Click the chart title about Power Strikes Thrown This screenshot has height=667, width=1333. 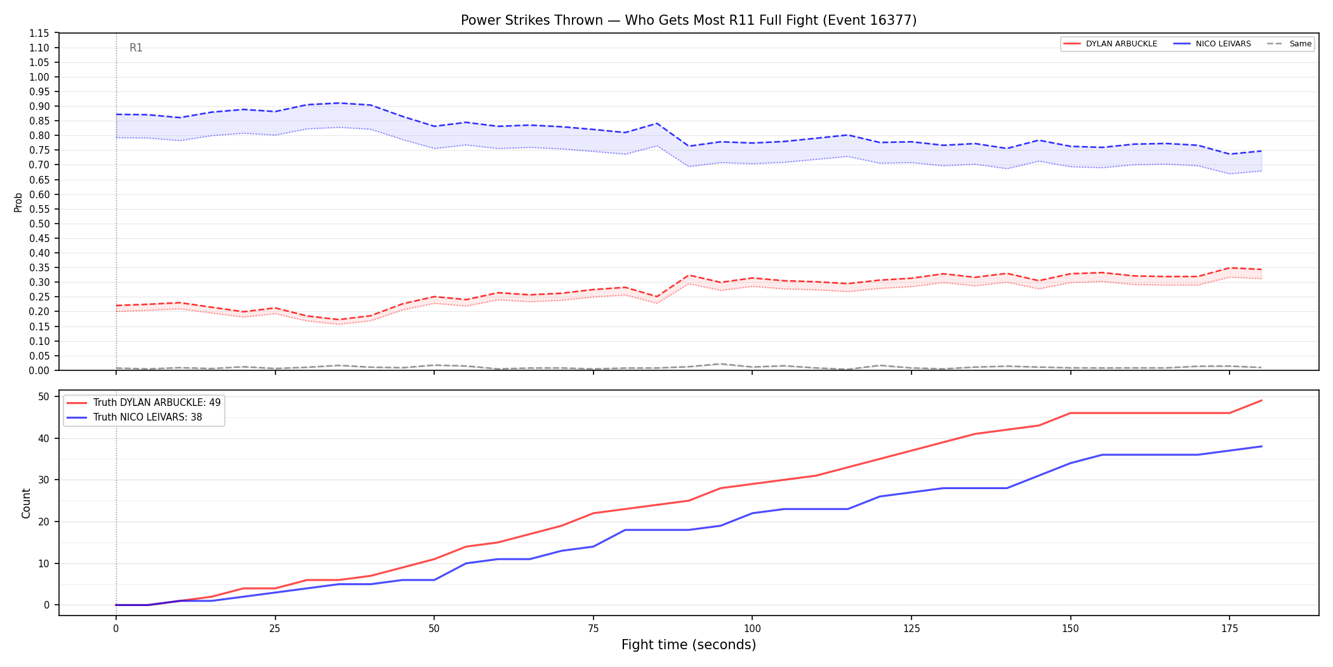[x=689, y=20]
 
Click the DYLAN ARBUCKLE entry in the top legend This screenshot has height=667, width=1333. [x=1110, y=44]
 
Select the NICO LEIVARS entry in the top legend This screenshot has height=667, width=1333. [x=1212, y=44]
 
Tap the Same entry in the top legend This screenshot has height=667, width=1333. [x=1289, y=44]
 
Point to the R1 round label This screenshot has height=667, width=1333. [x=136, y=48]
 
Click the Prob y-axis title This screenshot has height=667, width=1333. [x=18, y=202]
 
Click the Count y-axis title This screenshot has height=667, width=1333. [x=26, y=503]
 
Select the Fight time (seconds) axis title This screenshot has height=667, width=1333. [x=689, y=645]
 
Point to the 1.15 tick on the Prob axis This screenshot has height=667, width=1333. [x=39, y=33]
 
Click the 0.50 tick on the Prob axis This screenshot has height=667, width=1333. [x=39, y=224]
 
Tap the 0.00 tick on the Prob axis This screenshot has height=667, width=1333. [x=39, y=370]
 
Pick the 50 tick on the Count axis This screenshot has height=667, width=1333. [x=43, y=396]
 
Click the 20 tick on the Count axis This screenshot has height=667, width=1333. [x=43, y=522]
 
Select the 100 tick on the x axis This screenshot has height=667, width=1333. [x=752, y=629]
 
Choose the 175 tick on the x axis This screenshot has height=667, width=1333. [x=1230, y=629]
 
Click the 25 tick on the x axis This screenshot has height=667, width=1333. [x=275, y=629]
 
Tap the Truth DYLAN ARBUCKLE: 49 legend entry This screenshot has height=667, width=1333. [x=144, y=403]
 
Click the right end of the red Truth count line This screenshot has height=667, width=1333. [x=1261, y=401]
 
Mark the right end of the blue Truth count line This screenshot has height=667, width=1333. [x=1261, y=447]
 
